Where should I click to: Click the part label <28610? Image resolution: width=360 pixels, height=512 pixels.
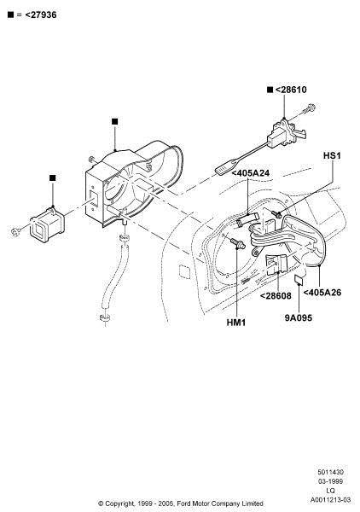click(291, 90)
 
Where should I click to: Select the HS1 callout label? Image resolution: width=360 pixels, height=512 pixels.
click(332, 155)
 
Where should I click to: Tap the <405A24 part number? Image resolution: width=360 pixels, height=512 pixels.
click(251, 173)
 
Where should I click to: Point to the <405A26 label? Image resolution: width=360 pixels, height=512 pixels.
click(322, 292)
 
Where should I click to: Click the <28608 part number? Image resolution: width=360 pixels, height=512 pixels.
click(276, 295)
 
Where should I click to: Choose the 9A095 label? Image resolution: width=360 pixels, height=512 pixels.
click(299, 317)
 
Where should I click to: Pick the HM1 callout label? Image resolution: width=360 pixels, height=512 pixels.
click(236, 323)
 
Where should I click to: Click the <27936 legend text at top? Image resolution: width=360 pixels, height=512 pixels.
click(41, 15)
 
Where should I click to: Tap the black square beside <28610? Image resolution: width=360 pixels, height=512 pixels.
click(270, 90)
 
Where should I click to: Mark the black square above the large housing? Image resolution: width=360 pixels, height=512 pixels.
click(114, 121)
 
